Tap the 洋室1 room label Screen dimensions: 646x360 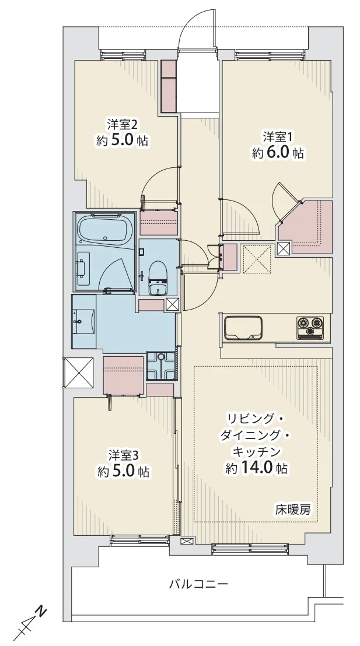[x=277, y=137]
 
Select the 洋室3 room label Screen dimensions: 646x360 [x=122, y=454]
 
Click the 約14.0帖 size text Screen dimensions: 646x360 [x=257, y=468]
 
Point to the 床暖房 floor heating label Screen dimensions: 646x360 [x=293, y=509]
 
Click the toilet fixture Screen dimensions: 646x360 [x=158, y=278]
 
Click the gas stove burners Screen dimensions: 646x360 [x=310, y=326]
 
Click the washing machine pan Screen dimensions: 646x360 [x=160, y=366]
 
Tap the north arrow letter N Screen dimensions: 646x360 [x=41, y=612]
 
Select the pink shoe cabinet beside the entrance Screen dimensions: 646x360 [x=169, y=87]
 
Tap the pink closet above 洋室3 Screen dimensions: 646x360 [x=123, y=374]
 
